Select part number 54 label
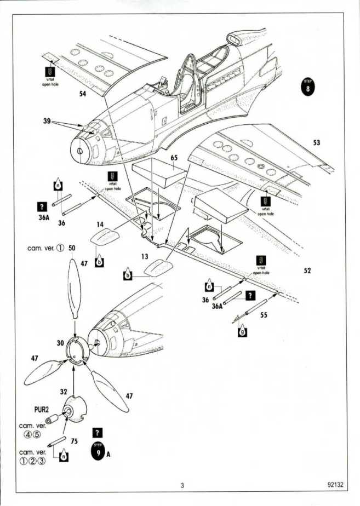pyautogui.click(x=83, y=94)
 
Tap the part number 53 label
pyautogui.click(x=316, y=143)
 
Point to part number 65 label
pyautogui.click(x=174, y=158)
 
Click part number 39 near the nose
pyautogui.click(x=47, y=121)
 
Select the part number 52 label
pyautogui.click(x=307, y=271)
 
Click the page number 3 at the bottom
pyautogui.click(x=182, y=485)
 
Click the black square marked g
pyautogui.click(x=242, y=332)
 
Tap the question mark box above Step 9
pyautogui.click(x=98, y=432)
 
